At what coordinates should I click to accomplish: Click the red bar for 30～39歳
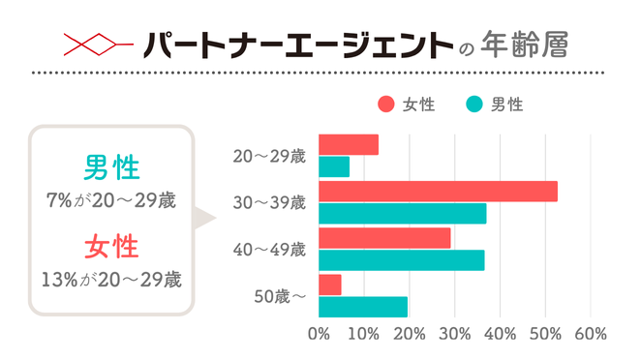click(438, 192)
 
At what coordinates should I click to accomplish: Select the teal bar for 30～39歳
click(402, 214)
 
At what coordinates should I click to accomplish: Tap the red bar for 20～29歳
click(349, 145)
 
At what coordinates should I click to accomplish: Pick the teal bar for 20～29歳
click(334, 166)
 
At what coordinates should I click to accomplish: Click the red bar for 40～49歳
click(384, 238)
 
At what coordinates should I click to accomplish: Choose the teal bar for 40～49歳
click(401, 260)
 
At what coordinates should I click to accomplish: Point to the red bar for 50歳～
click(329, 285)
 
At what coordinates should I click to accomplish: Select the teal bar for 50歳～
click(362, 307)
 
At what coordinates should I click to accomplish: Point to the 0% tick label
click(318, 334)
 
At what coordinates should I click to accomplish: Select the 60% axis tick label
click(591, 334)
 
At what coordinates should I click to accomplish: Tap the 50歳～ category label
click(280, 296)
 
